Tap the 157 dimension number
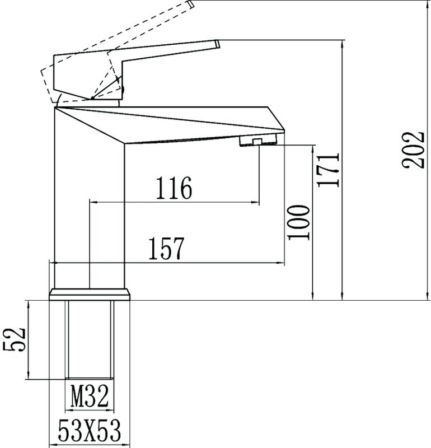point(166,248)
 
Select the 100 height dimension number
point(299,222)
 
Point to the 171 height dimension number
point(329,170)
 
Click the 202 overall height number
point(413,150)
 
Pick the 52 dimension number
point(15,339)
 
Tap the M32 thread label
point(90,396)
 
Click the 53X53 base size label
point(90,431)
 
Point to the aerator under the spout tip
point(259,141)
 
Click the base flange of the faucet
point(90,295)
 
